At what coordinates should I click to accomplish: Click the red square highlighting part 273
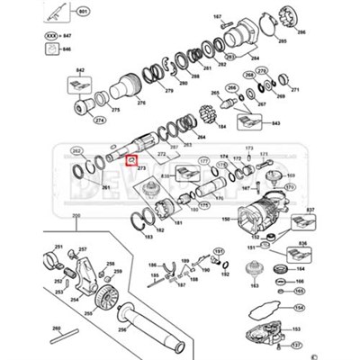[131, 162]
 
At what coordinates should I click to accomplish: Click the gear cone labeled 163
[254, 268]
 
